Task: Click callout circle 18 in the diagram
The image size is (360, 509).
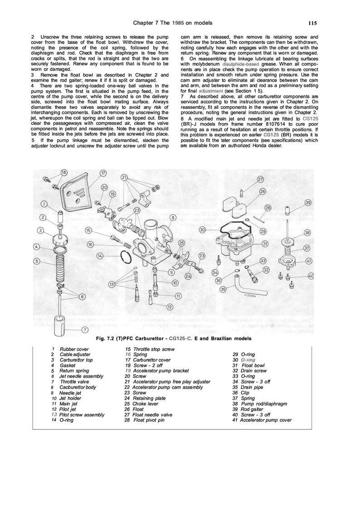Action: tap(63, 172)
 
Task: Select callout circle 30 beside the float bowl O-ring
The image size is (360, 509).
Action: tap(203, 230)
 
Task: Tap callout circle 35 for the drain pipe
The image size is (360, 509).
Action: tap(222, 289)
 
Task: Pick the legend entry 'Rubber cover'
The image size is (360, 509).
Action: tap(71, 348)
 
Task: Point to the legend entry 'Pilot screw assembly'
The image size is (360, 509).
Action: tap(82, 414)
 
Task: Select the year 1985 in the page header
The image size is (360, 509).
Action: tap(178, 23)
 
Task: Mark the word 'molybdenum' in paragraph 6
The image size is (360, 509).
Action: tap(204, 64)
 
